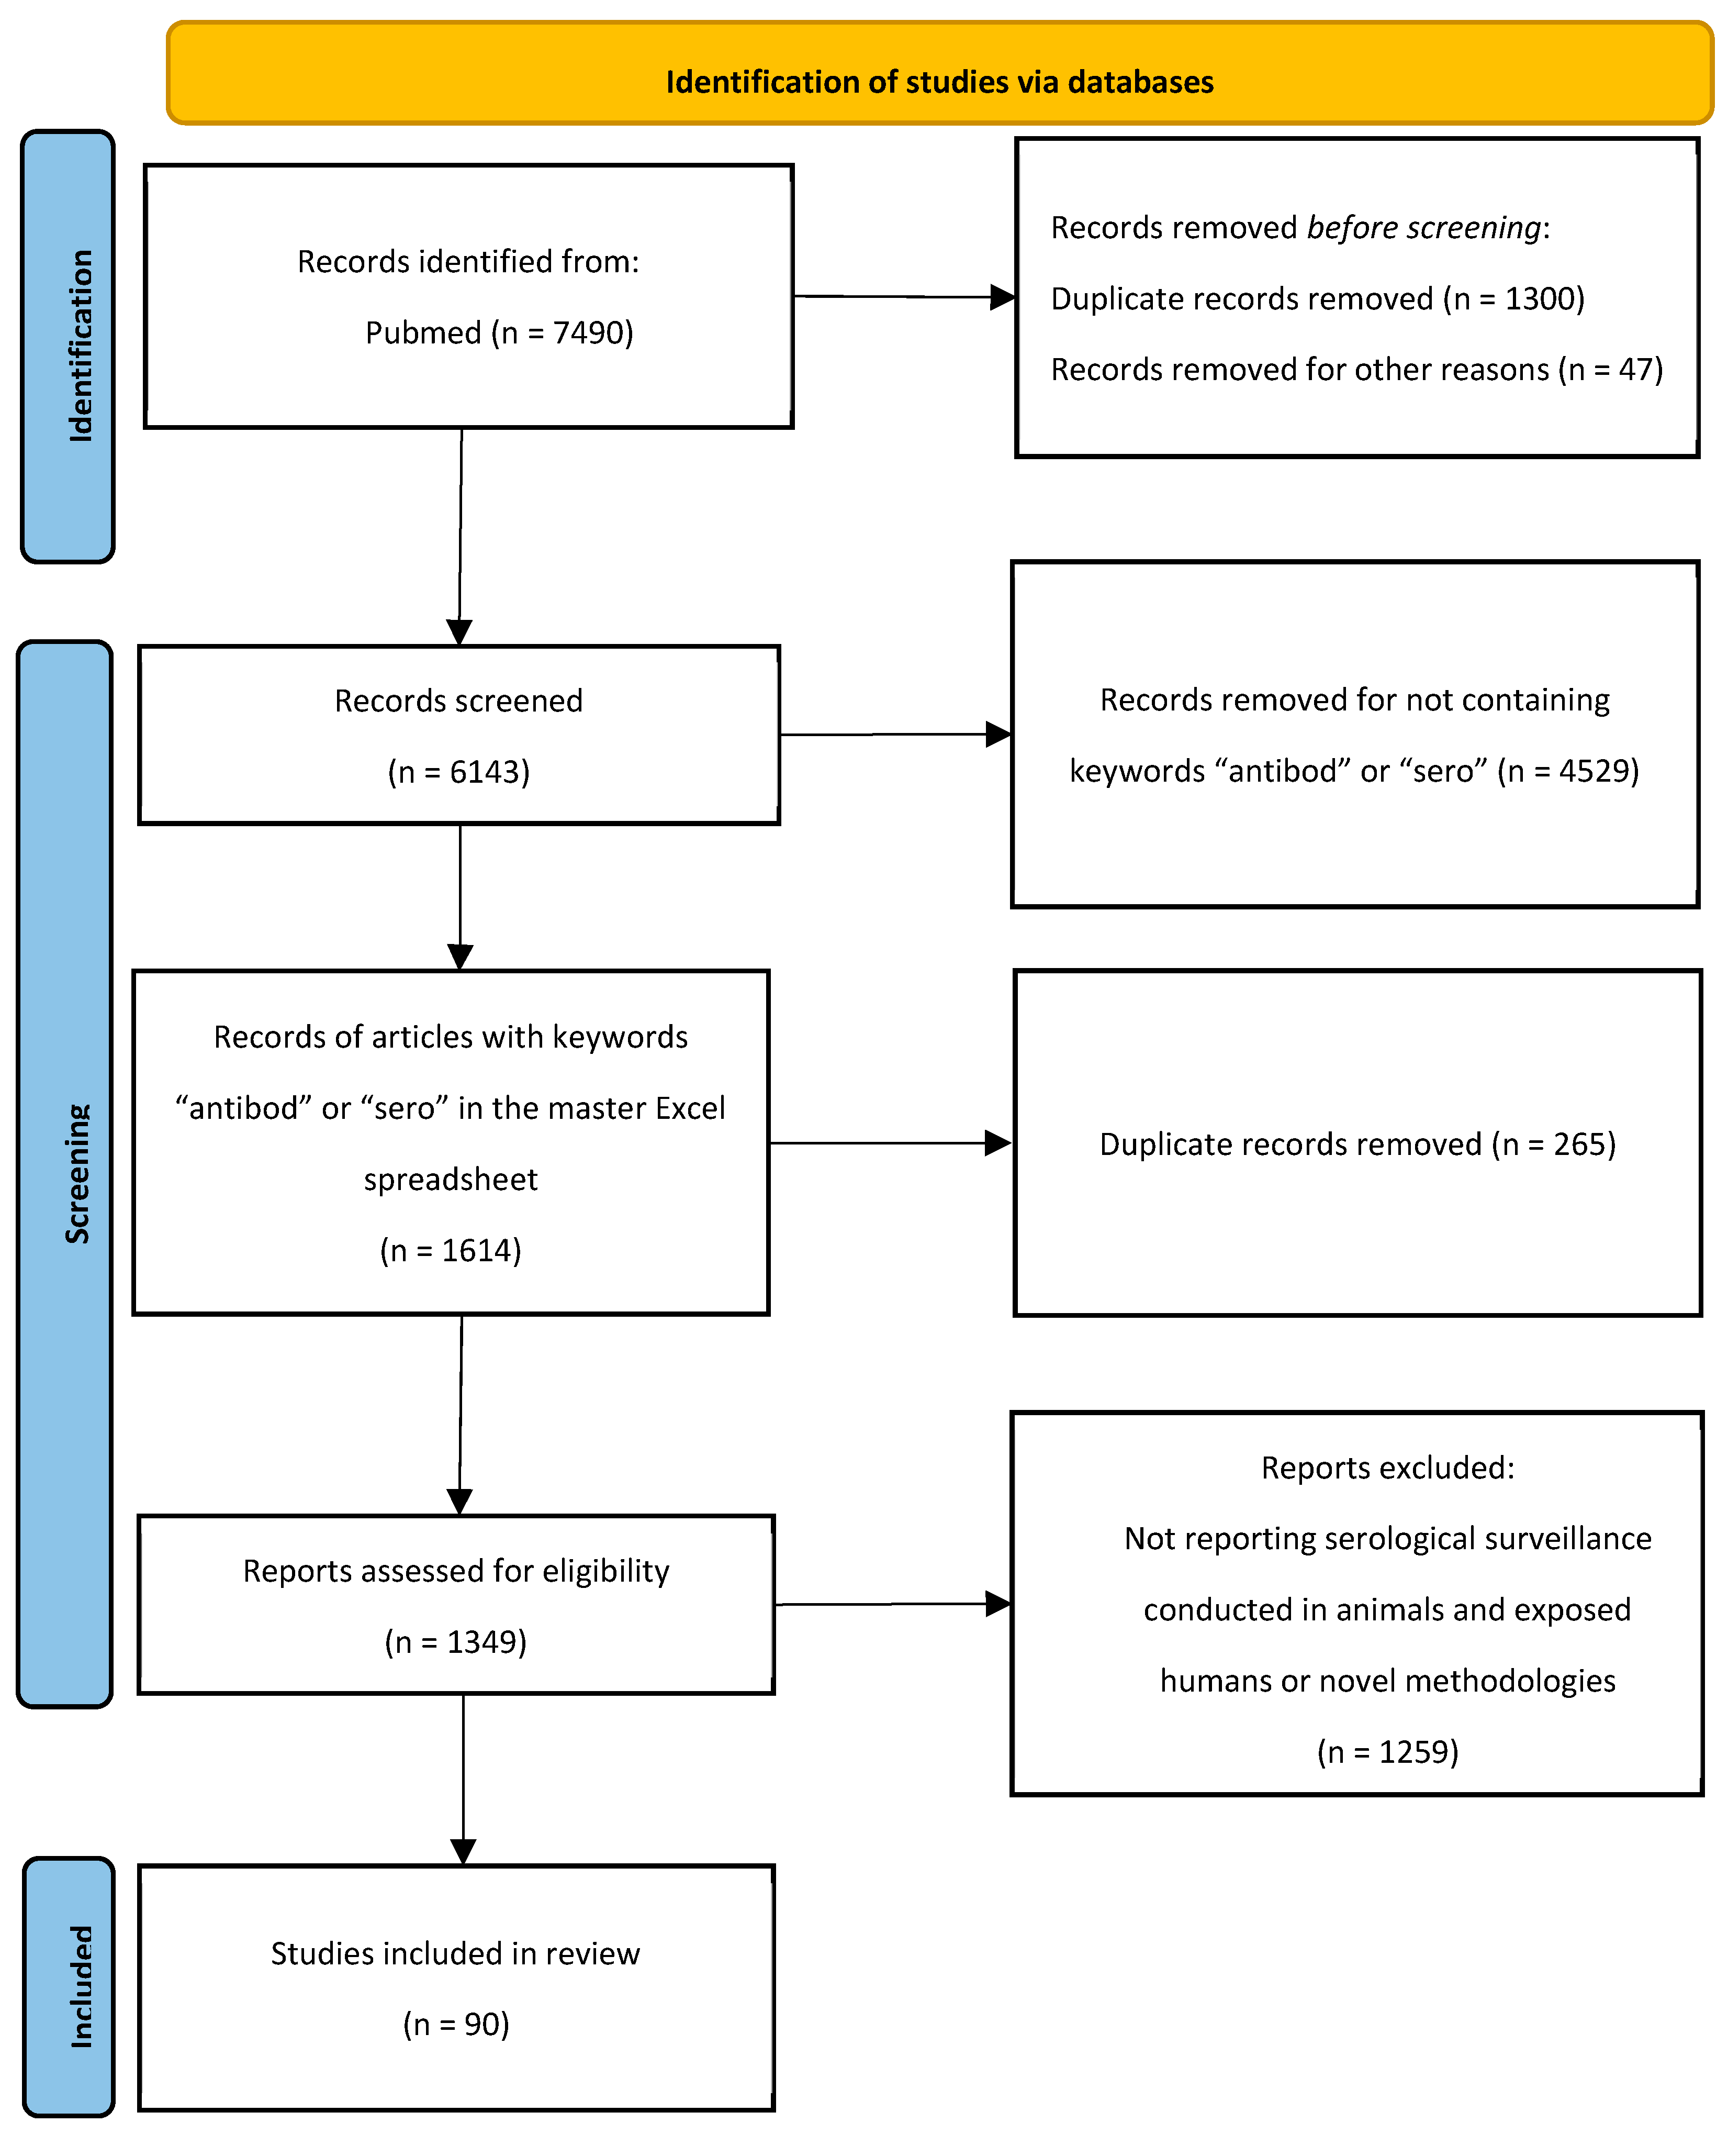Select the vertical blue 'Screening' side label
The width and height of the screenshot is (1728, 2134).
(76, 1173)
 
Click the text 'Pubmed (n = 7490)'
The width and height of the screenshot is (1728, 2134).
(499, 332)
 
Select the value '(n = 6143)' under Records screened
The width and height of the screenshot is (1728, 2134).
(459, 772)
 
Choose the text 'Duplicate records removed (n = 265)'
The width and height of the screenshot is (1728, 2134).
(1357, 1144)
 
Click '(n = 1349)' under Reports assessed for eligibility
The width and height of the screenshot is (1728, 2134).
(456, 1641)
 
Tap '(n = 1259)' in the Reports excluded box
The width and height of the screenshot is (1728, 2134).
(1387, 1752)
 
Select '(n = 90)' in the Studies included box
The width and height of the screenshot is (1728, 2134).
(456, 2024)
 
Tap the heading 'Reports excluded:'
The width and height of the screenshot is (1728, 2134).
(1387, 1468)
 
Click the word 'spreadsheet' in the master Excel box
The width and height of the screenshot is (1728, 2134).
(451, 1179)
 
